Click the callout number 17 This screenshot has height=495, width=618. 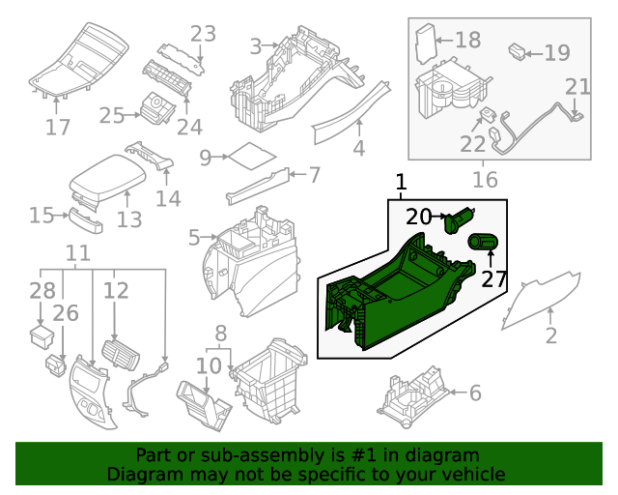(x=58, y=127)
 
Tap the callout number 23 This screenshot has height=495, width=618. (x=202, y=34)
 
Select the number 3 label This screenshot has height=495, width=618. (x=255, y=45)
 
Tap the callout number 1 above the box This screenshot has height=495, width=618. (x=401, y=182)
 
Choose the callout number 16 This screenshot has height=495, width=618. (x=485, y=180)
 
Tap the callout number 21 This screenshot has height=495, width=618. (x=577, y=87)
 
